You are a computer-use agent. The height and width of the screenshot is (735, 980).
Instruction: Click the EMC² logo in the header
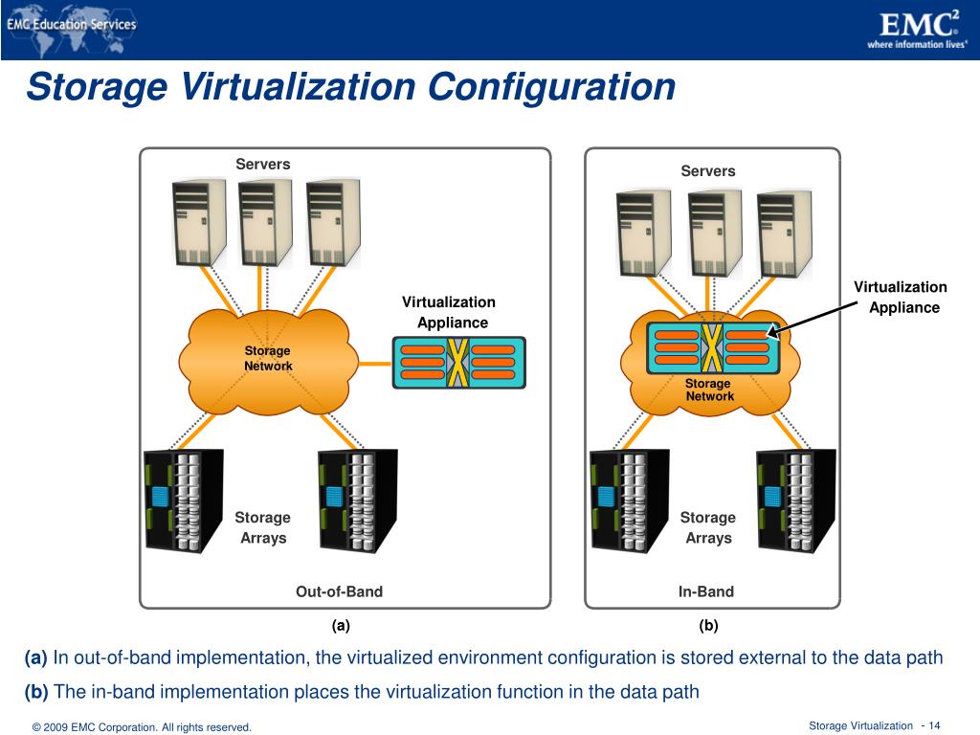click(918, 23)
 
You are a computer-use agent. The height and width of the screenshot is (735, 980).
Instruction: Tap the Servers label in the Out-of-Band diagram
click(263, 164)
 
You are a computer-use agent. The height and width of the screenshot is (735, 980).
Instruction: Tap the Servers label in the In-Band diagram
click(708, 171)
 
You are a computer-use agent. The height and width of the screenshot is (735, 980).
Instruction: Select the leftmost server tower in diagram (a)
click(199, 221)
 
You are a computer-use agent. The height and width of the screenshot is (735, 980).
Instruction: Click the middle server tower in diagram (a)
click(265, 221)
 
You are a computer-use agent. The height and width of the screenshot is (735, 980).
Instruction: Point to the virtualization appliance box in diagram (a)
click(459, 362)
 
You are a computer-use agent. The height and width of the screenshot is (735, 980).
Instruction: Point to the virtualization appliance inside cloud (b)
click(712, 347)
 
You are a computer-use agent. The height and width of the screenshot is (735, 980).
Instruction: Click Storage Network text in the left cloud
click(268, 359)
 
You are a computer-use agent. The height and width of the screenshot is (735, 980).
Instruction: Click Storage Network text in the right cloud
click(709, 390)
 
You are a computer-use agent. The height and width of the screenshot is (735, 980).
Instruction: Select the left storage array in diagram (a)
click(184, 501)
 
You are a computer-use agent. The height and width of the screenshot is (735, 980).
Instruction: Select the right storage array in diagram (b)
click(794, 501)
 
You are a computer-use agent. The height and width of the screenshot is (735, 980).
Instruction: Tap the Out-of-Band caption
click(339, 591)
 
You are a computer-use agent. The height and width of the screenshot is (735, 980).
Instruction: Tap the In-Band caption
click(706, 591)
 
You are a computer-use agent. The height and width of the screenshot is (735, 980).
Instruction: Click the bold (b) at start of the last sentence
click(36, 691)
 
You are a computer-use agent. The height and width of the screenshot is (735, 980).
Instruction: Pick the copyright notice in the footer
click(142, 727)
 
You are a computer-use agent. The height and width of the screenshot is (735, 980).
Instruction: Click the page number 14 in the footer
click(935, 725)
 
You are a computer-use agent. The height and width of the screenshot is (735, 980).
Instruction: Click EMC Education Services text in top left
click(72, 25)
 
